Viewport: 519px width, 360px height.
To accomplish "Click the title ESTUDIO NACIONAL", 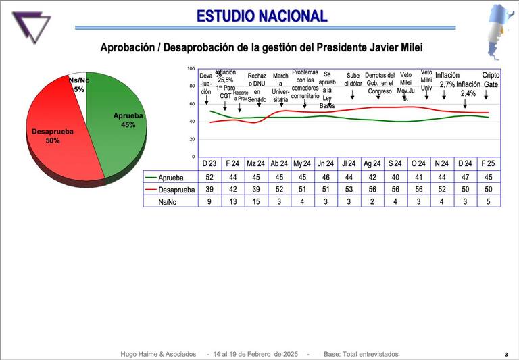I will click(262, 16).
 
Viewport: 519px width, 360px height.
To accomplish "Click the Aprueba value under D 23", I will click(209, 177).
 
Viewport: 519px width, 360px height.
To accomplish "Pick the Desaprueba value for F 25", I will click(491, 190).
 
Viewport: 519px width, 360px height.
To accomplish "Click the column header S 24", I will click(394, 163).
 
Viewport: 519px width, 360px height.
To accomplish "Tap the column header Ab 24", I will click(279, 163).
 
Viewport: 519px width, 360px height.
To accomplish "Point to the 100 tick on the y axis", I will click(191, 69).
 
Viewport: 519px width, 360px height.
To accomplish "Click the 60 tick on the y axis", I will click(192, 104).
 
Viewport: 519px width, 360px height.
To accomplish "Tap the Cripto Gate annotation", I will click(491, 80).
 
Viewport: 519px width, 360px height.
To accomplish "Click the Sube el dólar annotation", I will click(353, 80).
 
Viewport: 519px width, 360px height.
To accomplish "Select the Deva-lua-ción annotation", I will click(206, 84).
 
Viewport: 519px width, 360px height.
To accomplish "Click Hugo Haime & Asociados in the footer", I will click(158, 354).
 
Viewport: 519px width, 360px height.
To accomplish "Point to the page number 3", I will click(505, 355).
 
